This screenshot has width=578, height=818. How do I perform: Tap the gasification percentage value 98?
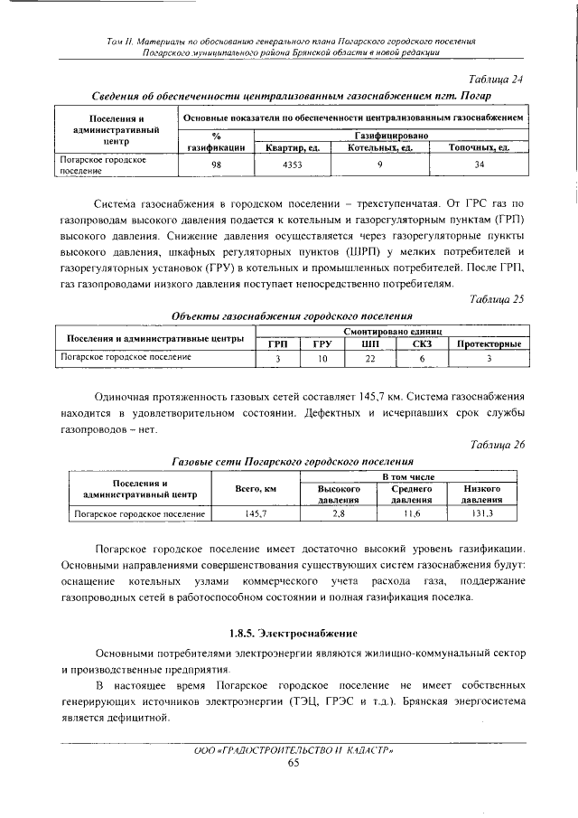[216, 165]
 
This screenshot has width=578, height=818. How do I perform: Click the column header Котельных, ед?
[380, 146]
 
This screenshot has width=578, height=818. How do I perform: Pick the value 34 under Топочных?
[479, 165]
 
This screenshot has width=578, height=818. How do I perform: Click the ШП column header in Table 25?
[368, 344]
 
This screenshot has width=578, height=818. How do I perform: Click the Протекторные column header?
[488, 344]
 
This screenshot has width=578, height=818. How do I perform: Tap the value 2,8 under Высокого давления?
[340, 513]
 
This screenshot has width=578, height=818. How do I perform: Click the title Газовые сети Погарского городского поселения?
[293, 461]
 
